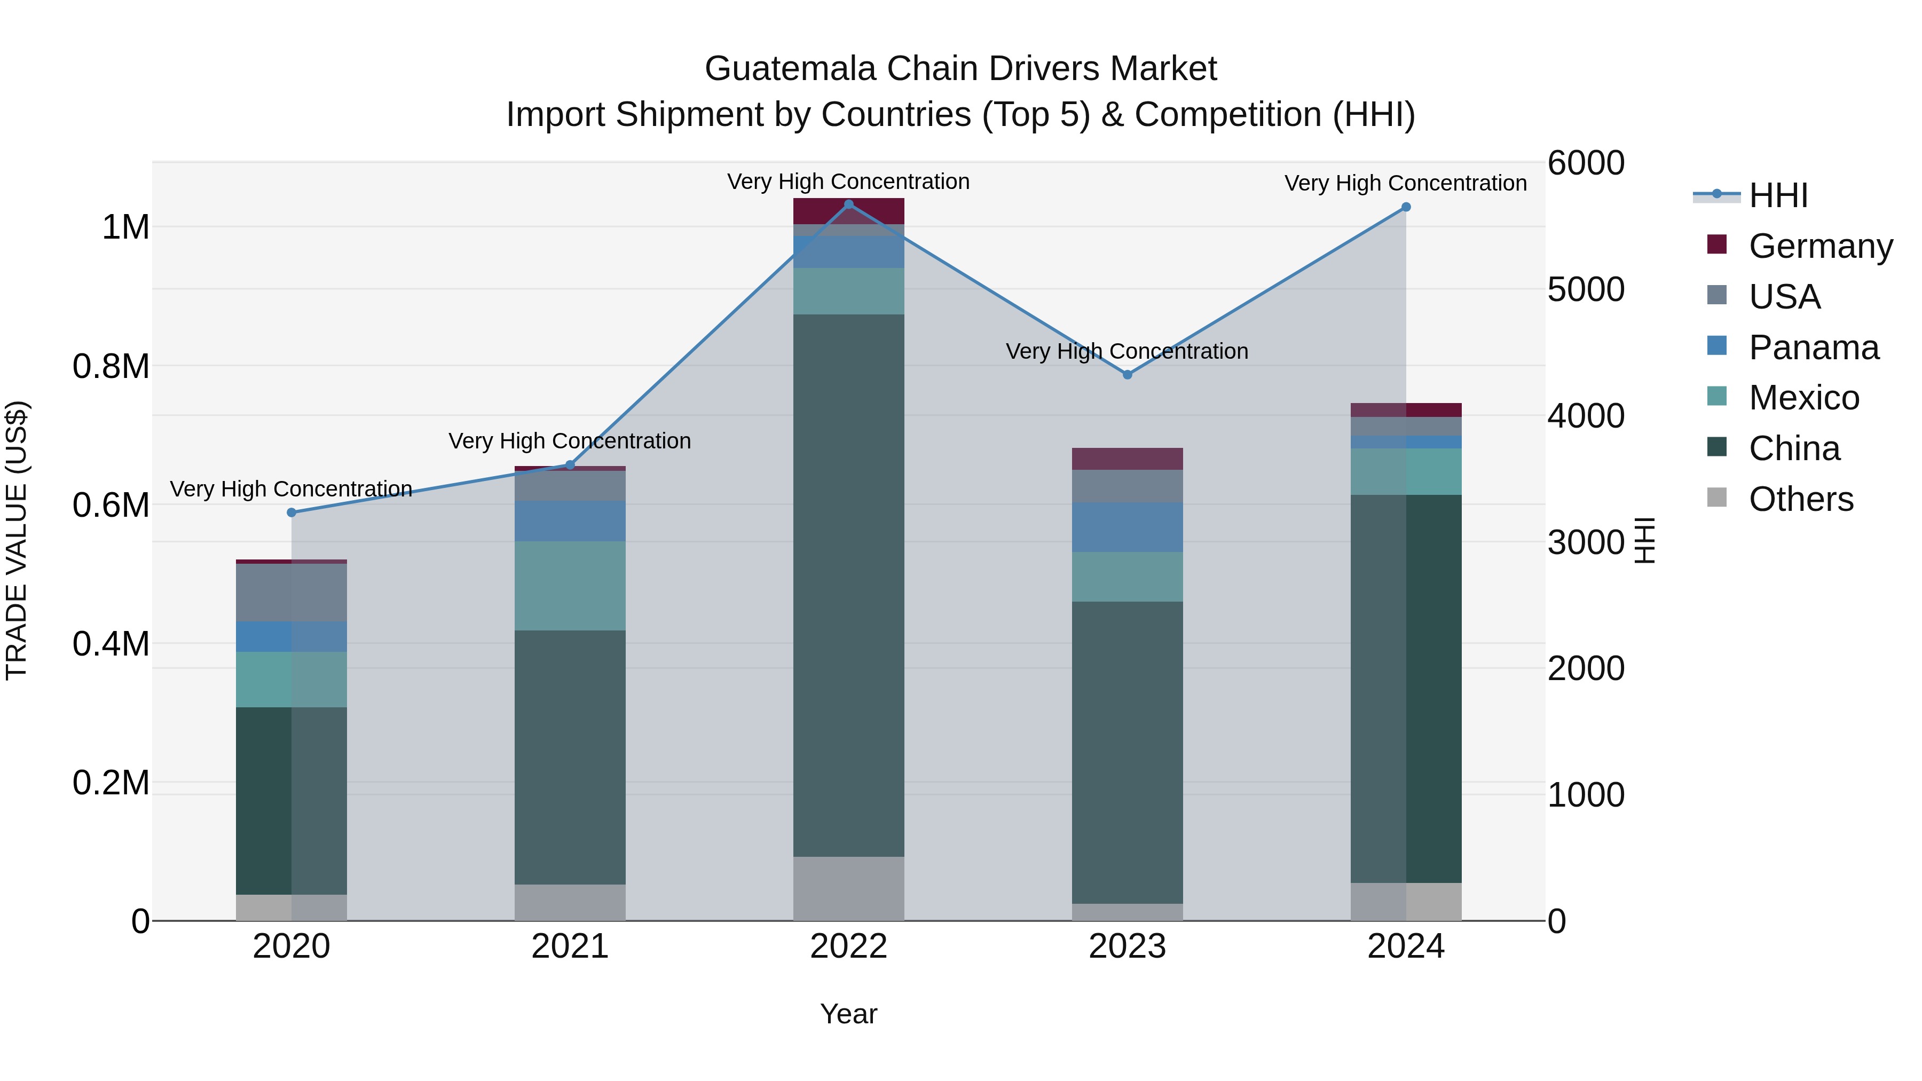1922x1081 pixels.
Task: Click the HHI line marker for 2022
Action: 848,204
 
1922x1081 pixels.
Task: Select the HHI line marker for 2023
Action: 1128,375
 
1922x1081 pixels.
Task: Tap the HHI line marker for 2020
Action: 292,512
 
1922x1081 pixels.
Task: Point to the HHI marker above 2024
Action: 1406,208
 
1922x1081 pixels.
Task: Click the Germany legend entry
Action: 1820,246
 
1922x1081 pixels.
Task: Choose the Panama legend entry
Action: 1813,347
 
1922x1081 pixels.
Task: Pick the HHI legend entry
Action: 1777,195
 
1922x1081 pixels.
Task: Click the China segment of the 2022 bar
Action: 848,586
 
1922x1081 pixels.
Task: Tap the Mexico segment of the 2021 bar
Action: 570,586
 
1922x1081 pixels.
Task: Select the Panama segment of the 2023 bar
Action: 1128,527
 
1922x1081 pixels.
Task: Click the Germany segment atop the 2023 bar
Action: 1128,459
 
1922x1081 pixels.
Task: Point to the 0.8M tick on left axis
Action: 111,366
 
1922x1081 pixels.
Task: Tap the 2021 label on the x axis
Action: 570,946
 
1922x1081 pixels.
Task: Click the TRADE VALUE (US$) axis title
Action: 17,540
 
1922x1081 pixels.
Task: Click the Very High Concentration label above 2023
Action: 1127,351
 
